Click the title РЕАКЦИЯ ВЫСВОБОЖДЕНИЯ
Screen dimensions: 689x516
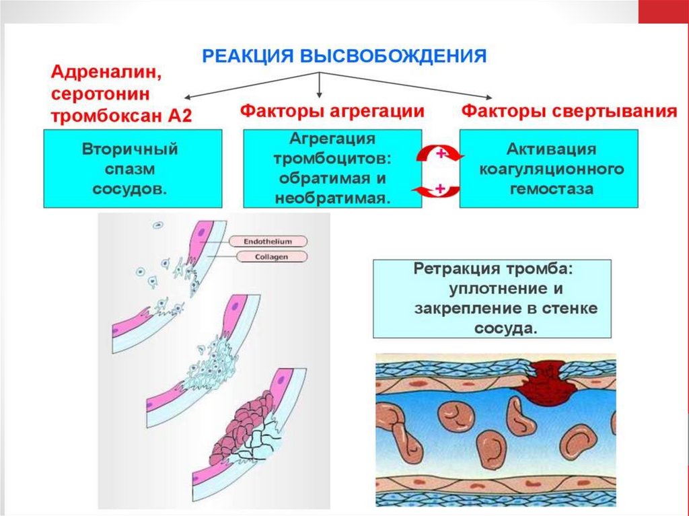click(x=344, y=56)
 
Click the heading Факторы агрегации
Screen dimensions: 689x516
click(x=332, y=110)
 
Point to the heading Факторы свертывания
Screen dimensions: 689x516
click(x=569, y=110)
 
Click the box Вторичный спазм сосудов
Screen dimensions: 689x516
click(x=133, y=169)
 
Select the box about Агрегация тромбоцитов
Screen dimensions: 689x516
click(x=332, y=169)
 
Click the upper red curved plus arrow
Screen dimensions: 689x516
click(x=441, y=155)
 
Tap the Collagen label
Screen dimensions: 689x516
click(x=268, y=256)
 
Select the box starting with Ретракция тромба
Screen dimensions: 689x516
click(x=492, y=299)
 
